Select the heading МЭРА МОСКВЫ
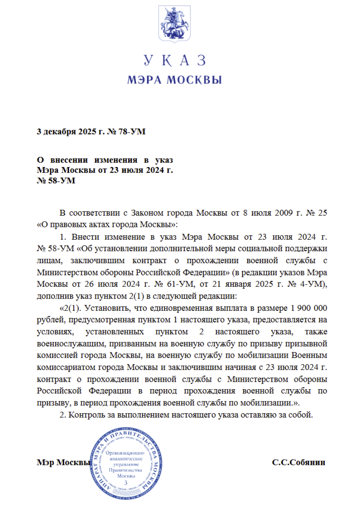[174, 80]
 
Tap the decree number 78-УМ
[132, 131]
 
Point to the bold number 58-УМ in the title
[55, 181]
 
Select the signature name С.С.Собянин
[298, 462]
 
